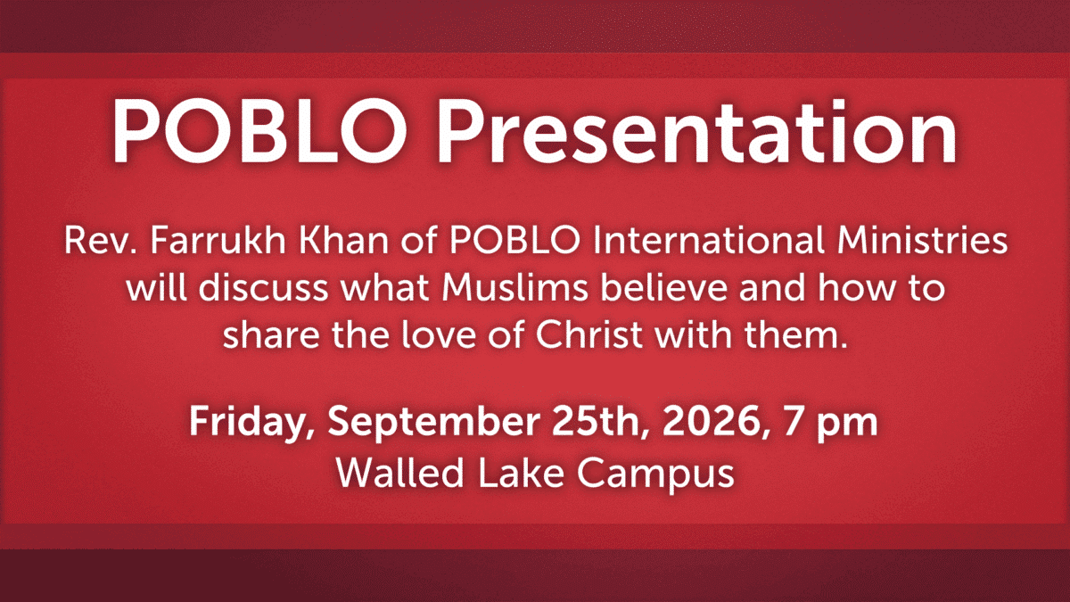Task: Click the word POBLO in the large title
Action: pos(259,130)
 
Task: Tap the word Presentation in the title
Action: pos(697,130)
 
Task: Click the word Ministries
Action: pos(922,240)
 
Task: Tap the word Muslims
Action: pos(514,287)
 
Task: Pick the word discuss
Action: pos(264,287)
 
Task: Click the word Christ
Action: pos(589,334)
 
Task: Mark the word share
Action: pos(271,334)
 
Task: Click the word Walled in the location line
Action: pos(399,472)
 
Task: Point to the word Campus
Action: pos(655,474)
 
